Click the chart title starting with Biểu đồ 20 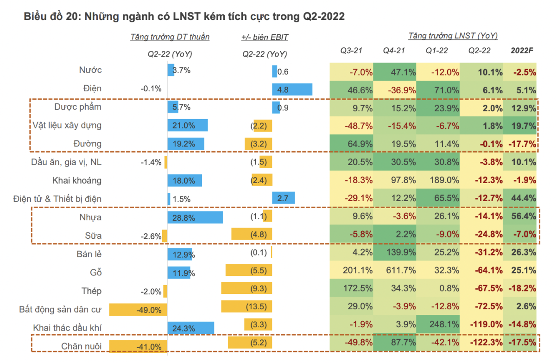[x=184, y=17]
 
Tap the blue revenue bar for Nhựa [x=195, y=217]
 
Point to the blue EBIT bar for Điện [x=292, y=89]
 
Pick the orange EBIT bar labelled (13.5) [x=246, y=306]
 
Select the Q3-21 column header [x=351, y=51]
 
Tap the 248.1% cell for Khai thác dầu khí [x=439, y=325]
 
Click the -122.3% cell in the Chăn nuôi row [x=482, y=344]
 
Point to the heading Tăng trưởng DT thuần [x=170, y=37]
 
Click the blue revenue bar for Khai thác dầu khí [x=190, y=328]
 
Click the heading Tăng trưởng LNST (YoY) [x=453, y=36]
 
